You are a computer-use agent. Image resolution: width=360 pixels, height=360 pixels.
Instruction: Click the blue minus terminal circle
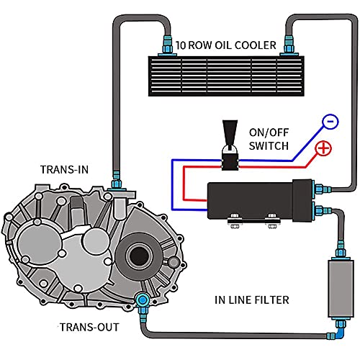(330, 121)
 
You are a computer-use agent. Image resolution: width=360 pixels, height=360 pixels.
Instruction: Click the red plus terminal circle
(323, 148)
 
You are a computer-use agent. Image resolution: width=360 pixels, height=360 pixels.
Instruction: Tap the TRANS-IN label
(64, 170)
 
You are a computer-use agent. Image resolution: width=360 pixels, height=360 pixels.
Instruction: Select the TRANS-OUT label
(89, 327)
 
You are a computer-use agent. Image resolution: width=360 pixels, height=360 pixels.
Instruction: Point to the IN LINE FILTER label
(252, 300)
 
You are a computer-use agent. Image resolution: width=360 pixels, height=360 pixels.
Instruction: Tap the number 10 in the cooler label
(181, 45)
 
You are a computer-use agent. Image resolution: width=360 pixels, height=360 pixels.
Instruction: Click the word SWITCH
(269, 146)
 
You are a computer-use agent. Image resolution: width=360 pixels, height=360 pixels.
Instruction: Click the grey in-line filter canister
(341, 289)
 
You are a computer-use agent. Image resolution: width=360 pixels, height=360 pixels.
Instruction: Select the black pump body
(260, 201)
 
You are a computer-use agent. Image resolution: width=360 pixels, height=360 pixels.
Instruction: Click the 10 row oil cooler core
(226, 76)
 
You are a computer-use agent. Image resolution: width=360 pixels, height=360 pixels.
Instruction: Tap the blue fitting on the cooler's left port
(167, 45)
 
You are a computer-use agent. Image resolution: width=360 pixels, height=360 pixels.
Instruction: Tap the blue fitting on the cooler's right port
(289, 45)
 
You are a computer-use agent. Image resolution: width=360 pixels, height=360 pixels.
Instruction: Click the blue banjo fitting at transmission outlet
(143, 300)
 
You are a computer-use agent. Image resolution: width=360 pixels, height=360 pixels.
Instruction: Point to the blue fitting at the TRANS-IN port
(117, 181)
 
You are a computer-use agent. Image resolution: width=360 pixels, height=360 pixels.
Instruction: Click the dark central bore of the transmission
(138, 256)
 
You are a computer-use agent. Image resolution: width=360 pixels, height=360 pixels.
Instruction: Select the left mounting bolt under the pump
(235, 221)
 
